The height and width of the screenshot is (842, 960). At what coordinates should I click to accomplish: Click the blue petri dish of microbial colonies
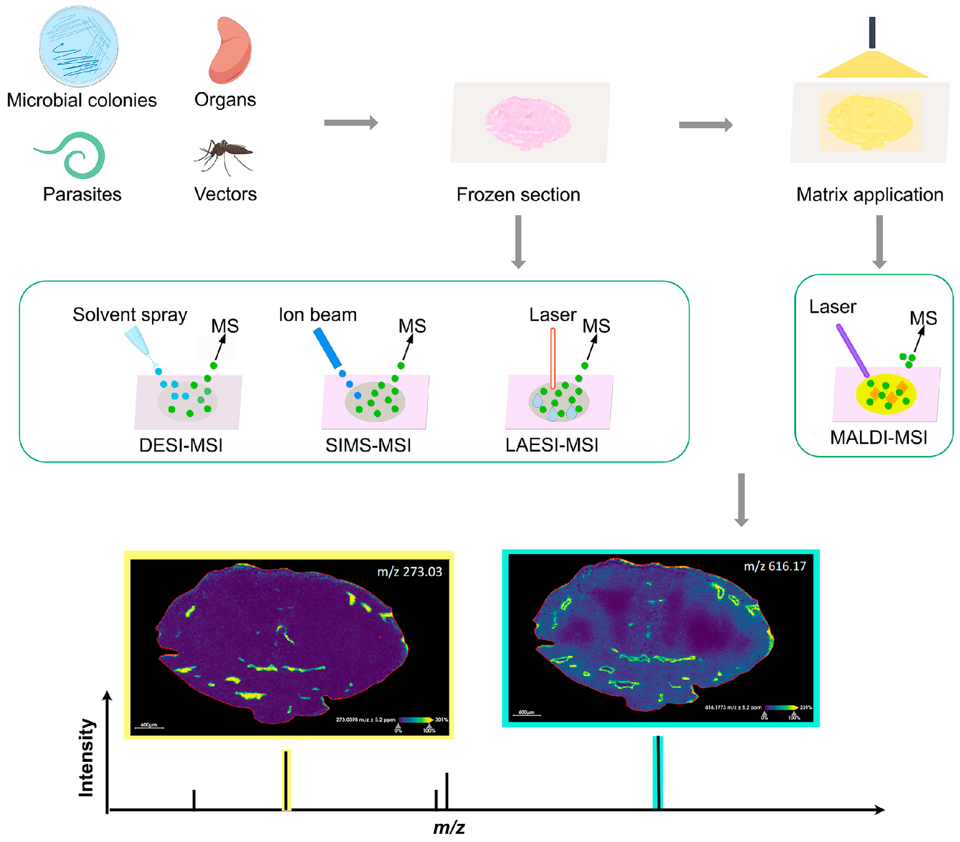coord(78,46)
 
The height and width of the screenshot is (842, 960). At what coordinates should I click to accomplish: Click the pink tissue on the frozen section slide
coord(527,123)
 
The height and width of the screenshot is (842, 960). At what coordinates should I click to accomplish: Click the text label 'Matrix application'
coord(869,195)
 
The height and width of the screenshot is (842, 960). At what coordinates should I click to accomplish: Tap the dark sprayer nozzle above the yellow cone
coord(872,32)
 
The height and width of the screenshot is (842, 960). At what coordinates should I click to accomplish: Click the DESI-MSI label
coord(181,445)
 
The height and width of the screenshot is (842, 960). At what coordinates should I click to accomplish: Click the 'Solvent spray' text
coord(130,314)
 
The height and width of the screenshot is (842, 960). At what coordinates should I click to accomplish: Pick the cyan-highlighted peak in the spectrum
coord(658,772)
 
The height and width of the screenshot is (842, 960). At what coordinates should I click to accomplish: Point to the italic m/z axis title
coord(449,828)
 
